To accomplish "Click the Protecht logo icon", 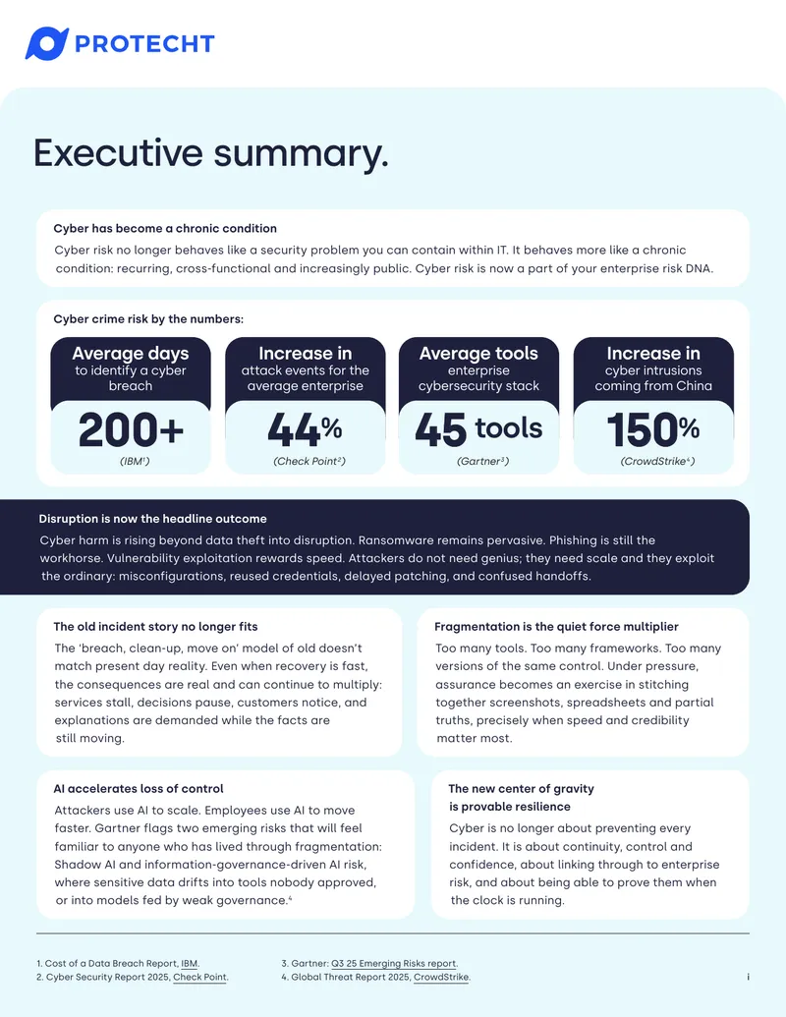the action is click(47, 43).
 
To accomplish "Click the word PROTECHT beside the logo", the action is click(144, 44).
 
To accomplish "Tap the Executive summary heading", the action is click(211, 153).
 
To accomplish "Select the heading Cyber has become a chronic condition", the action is click(165, 228).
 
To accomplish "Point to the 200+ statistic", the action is click(131, 430).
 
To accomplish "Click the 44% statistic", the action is click(305, 429).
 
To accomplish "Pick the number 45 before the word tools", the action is click(440, 430).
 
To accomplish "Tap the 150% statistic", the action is click(653, 429).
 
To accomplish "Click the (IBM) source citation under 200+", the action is click(135, 461).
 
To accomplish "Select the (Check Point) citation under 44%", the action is click(309, 461).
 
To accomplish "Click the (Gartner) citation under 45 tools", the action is click(482, 461).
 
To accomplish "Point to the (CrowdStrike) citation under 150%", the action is click(657, 461).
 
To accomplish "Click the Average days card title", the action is click(131, 354).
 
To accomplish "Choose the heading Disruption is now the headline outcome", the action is click(152, 519).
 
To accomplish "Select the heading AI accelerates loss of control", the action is click(139, 789).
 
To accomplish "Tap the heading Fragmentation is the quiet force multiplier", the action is click(556, 627).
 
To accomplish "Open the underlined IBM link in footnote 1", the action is click(190, 964).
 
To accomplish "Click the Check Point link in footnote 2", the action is click(199, 978).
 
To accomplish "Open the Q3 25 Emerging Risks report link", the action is click(394, 964).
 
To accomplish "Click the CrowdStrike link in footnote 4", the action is click(441, 978).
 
